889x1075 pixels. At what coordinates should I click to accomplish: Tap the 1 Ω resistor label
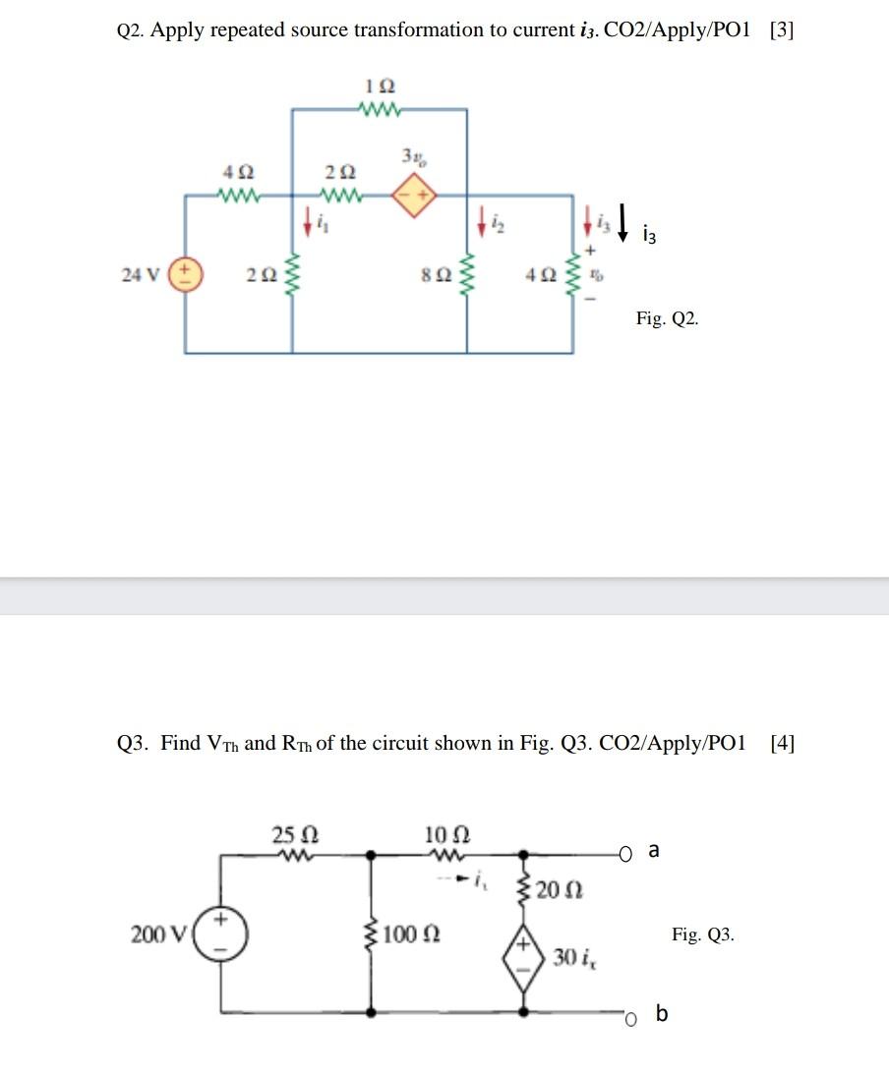tap(378, 86)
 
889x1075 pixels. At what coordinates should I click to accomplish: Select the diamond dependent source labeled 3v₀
tap(413, 196)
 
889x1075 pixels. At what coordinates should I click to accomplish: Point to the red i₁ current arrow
tap(308, 221)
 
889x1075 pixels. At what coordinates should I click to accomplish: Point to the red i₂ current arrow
tap(483, 221)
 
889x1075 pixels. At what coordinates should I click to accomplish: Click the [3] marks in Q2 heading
tap(782, 29)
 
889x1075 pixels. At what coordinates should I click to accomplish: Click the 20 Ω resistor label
tap(564, 890)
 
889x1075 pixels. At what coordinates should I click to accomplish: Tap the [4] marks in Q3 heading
tap(783, 743)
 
